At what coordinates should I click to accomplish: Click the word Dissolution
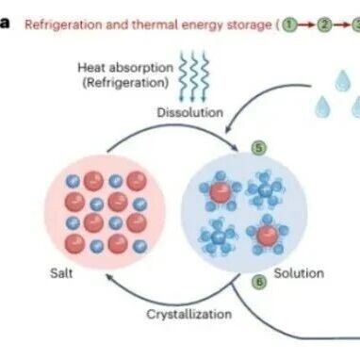[190, 112]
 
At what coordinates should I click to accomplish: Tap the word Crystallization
[189, 314]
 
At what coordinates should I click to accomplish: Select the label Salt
[61, 273]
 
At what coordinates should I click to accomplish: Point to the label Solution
[299, 273]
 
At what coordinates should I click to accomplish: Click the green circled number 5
[259, 148]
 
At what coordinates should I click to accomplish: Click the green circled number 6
[259, 282]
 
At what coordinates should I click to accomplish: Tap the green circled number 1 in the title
[290, 25]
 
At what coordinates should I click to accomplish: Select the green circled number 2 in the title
[324, 25]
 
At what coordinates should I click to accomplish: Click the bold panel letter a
[5, 25]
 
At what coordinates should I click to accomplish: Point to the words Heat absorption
[125, 68]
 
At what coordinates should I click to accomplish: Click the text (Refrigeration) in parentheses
[125, 83]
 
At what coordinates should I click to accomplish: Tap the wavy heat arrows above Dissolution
[193, 77]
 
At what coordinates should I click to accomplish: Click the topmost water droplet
[342, 80]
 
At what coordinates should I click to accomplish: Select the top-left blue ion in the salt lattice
[73, 181]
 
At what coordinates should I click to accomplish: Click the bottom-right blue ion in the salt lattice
[139, 246]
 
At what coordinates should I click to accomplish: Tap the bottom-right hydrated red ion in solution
[268, 235]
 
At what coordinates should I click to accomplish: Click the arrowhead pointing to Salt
[109, 278]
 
